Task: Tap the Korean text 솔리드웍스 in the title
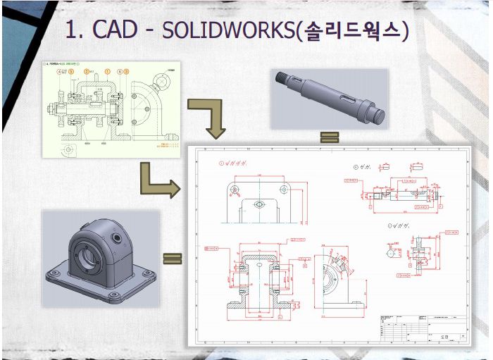tap(351, 30)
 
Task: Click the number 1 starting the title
tap(71, 30)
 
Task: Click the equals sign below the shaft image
tap(325, 137)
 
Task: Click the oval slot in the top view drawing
tap(259, 204)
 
